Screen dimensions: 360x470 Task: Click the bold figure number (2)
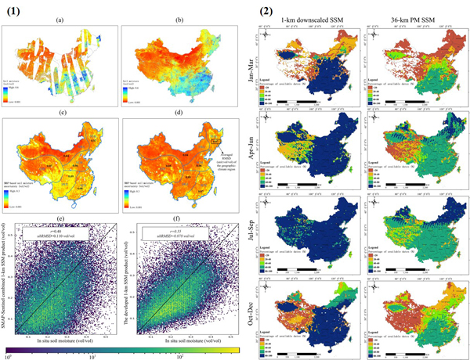tap(267, 9)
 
